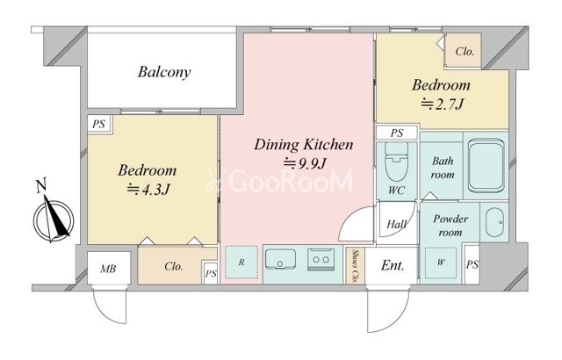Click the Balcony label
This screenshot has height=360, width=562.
click(x=164, y=72)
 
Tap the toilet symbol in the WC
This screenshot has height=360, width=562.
click(x=396, y=162)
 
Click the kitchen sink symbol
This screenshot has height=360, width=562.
click(x=280, y=259)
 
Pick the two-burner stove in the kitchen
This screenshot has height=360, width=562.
click(x=321, y=259)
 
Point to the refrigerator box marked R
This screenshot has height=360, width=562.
click(x=241, y=262)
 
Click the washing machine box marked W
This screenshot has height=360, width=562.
click(x=441, y=263)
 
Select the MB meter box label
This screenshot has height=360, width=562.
click(x=108, y=269)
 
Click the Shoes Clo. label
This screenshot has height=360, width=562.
click(x=355, y=266)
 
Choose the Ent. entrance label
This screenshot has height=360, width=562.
click(x=393, y=265)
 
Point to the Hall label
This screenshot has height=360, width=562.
click(x=397, y=224)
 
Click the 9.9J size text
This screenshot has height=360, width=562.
click(x=305, y=163)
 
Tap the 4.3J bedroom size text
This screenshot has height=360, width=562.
click(x=148, y=189)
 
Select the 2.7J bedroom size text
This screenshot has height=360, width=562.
click(x=442, y=104)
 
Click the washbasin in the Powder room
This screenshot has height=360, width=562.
click(x=495, y=222)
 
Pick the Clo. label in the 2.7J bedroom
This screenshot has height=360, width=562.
click(x=465, y=52)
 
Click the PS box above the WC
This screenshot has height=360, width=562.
click(x=397, y=133)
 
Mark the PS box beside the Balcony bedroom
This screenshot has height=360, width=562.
click(x=99, y=125)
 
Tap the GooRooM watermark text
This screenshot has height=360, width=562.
click(x=280, y=181)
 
